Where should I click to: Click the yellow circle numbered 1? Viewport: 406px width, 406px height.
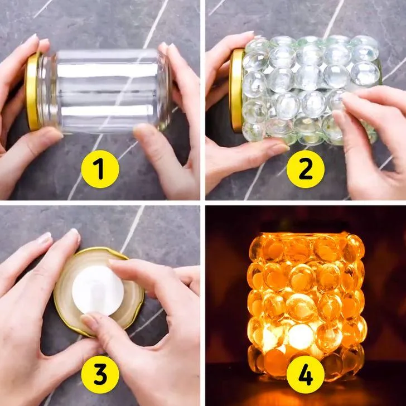[x=100, y=169]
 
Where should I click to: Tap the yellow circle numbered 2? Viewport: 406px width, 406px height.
[x=306, y=169]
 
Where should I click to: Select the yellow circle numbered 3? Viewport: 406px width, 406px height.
[x=100, y=374]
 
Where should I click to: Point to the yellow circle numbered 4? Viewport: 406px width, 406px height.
[x=306, y=374]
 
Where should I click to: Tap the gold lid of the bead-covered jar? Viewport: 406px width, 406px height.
[x=236, y=90]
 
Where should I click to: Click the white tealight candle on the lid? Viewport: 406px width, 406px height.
[x=98, y=291]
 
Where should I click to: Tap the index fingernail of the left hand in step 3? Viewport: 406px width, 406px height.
[x=75, y=234]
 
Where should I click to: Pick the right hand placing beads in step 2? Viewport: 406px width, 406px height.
[x=373, y=140]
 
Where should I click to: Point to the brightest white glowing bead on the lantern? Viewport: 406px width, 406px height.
[x=301, y=335]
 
